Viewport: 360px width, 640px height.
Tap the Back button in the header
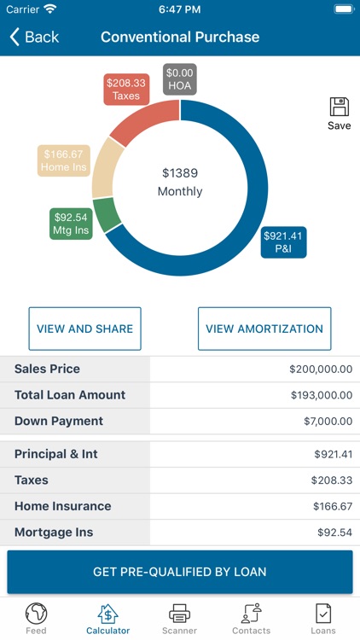coord(34,37)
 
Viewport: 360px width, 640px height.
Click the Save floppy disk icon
coord(339,108)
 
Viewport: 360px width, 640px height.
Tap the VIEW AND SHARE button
coord(84,329)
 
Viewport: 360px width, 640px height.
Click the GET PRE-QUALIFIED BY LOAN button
coord(180,572)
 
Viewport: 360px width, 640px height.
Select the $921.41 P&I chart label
coord(283,242)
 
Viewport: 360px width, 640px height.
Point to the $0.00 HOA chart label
coord(180,79)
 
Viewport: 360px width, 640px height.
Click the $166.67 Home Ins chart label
coord(64,161)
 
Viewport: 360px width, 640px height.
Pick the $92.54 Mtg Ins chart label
coord(70,224)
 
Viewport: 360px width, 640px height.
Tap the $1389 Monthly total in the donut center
coord(180,182)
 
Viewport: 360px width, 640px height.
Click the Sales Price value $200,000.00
coord(320,369)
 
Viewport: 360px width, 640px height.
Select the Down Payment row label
coord(59,421)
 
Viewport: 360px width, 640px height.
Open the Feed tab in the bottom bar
coord(36,618)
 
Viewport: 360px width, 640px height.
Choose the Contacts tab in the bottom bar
coord(251,618)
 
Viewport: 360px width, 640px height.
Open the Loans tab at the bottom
coord(322,618)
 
